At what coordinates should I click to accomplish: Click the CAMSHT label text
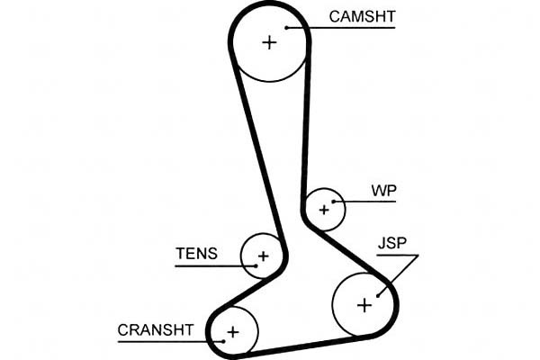[x=362, y=16]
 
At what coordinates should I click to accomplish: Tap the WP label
[x=383, y=191]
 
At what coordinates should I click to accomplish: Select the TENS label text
[x=195, y=254]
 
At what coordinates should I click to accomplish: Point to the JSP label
[x=392, y=244]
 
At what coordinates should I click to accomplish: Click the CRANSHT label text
[x=155, y=329]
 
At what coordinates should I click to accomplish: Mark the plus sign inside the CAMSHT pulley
[x=268, y=41]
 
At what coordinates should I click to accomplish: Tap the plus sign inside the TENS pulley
[x=263, y=256]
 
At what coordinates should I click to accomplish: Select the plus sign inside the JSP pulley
[x=364, y=305]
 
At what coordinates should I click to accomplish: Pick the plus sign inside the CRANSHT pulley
[x=232, y=332]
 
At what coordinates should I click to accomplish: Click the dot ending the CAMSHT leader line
[x=287, y=28]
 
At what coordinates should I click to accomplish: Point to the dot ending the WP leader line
[x=334, y=202]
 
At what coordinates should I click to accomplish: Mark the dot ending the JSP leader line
[x=380, y=293]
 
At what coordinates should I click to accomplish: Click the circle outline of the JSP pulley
[x=332, y=305]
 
